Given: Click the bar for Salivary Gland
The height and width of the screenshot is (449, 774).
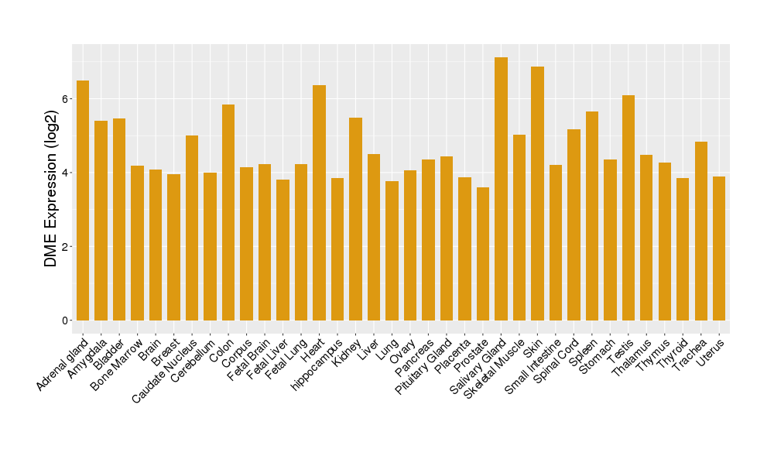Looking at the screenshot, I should pyautogui.click(x=501, y=189).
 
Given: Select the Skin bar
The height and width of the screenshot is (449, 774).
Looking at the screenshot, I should pyautogui.click(x=537, y=194).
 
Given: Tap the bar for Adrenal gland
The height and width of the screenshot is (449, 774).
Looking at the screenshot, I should pyautogui.click(x=83, y=201).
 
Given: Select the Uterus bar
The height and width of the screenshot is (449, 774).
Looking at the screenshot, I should pyautogui.click(x=719, y=248).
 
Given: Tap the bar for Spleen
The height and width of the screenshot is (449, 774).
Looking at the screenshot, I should pyautogui.click(x=592, y=216).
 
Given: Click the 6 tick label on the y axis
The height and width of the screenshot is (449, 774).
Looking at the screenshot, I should pyautogui.click(x=67, y=99).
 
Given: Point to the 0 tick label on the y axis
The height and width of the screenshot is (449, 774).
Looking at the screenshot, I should pyautogui.click(x=67, y=320).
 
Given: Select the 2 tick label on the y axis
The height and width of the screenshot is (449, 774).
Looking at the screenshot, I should pyautogui.click(x=67, y=247).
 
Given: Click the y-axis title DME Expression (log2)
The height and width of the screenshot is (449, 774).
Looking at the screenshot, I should pyautogui.click(x=51, y=183).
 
